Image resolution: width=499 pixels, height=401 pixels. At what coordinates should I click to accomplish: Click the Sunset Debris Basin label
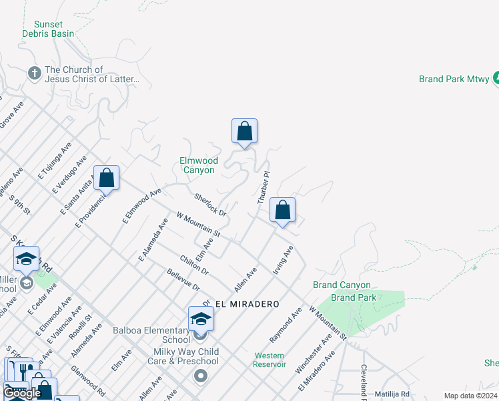click(x=43, y=29)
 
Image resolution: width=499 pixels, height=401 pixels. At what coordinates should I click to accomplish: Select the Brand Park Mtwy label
click(x=450, y=79)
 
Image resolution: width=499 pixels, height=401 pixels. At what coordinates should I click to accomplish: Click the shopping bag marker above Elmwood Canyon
click(x=244, y=130)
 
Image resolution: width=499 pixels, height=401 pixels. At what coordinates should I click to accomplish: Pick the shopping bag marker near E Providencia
click(x=106, y=178)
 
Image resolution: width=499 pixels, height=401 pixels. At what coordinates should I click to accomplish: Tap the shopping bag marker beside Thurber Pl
click(x=283, y=210)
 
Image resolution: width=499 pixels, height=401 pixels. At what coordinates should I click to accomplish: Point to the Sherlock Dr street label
click(x=210, y=205)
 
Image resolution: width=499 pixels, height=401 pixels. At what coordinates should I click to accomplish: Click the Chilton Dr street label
click(x=194, y=265)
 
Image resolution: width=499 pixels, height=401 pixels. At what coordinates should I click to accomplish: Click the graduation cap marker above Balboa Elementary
click(x=201, y=319)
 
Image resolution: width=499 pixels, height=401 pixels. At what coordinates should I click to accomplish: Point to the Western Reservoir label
click(x=270, y=360)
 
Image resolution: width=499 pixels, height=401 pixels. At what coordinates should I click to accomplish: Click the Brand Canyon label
click(x=342, y=285)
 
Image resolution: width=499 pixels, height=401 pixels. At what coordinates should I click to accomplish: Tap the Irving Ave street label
click(x=283, y=260)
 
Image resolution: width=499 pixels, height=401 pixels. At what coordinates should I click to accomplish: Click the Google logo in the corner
click(x=22, y=393)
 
